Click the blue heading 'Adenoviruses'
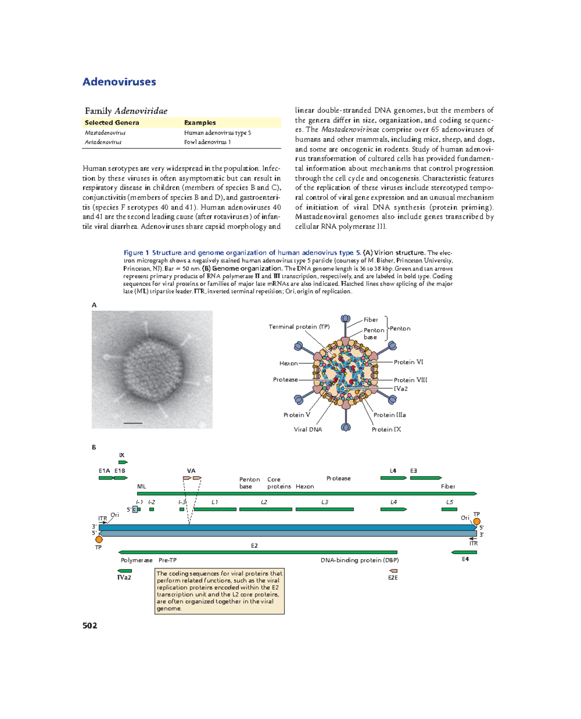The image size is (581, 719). (119, 82)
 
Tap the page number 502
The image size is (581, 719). (90, 626)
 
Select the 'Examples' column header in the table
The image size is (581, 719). (199, 123)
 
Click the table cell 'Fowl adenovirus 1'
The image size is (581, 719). (207, 142)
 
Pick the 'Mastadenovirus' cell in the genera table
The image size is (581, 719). (105, 133)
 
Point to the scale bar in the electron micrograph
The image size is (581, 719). (133, 423)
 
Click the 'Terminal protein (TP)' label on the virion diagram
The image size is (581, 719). (299, 327)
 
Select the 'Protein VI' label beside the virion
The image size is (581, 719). (408, 362)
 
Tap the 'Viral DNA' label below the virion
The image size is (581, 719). (307, 429)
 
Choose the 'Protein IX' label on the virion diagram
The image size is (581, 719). (386, 429)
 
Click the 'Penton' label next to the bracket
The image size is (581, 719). (400, 329)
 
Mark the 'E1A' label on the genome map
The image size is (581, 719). (104, 470)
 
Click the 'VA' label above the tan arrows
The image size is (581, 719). (191, 470)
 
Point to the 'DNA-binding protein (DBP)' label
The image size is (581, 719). (359, 560)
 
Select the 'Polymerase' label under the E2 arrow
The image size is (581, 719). (137, 560)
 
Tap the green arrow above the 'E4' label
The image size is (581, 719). (464, 552)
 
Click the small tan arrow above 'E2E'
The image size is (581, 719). (393, 571)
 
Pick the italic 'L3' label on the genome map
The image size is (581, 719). (324, 502)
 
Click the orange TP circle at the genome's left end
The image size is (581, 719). (99, 539)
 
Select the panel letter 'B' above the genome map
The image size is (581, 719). (94, 448)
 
